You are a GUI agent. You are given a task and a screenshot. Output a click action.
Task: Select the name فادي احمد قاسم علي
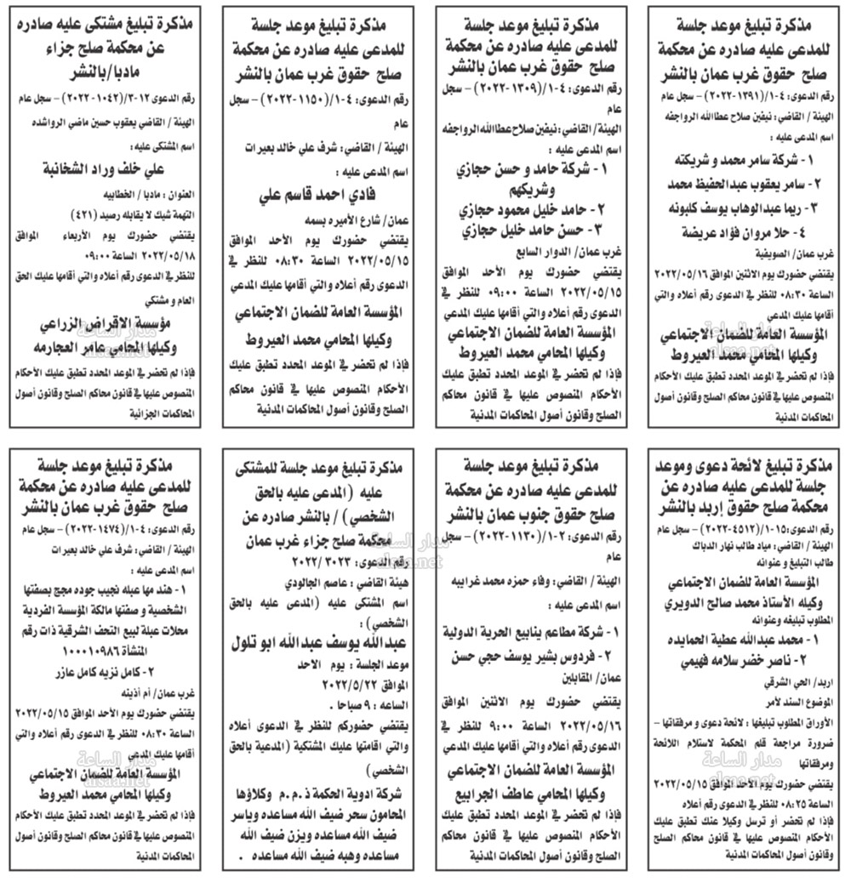317,195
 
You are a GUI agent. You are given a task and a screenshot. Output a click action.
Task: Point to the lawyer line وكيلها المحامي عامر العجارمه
107,348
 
